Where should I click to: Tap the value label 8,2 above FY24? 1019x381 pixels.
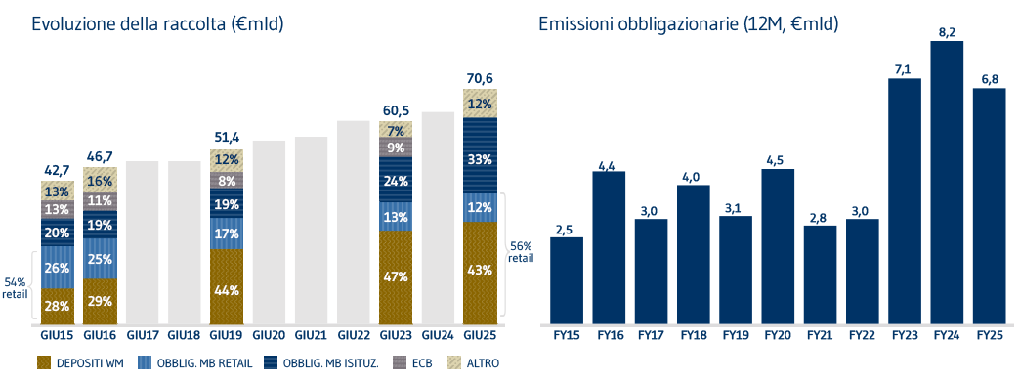948,31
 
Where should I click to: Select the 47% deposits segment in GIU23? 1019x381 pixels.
396,275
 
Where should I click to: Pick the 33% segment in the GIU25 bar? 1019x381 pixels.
480,158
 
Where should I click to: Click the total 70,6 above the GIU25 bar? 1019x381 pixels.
480,80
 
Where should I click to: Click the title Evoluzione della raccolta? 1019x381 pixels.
157,23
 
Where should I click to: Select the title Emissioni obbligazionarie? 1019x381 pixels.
688,23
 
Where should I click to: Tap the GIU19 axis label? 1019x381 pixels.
227,334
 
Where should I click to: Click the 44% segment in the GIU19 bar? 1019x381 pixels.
227,290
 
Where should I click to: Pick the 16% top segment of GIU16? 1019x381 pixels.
101,181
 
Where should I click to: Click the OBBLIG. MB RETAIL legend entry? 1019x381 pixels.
188,362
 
